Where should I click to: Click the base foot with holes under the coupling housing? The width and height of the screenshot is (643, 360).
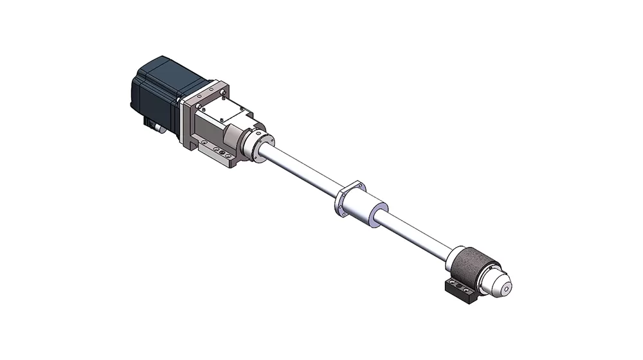point(219,153)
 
